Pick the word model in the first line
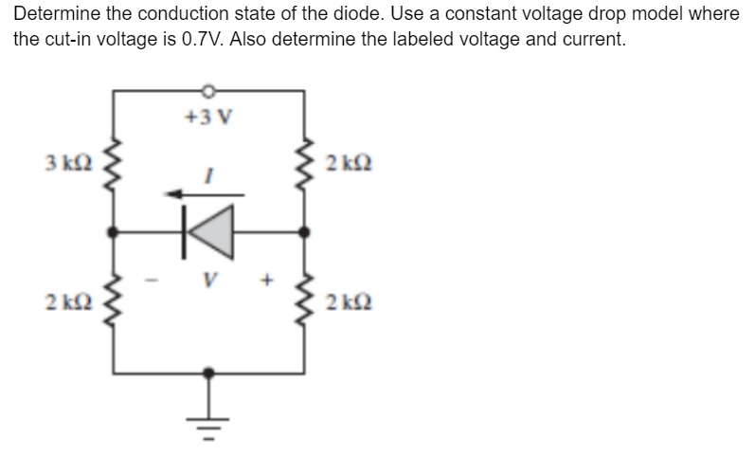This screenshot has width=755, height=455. pos(666,15)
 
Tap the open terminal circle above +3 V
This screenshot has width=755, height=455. pos(209,91)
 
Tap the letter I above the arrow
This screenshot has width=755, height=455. pos(209,174)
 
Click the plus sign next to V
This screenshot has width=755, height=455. pos(268,281)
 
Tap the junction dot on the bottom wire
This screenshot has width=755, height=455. pos(209,373)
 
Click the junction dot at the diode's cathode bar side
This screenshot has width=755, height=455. pos(116,230)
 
